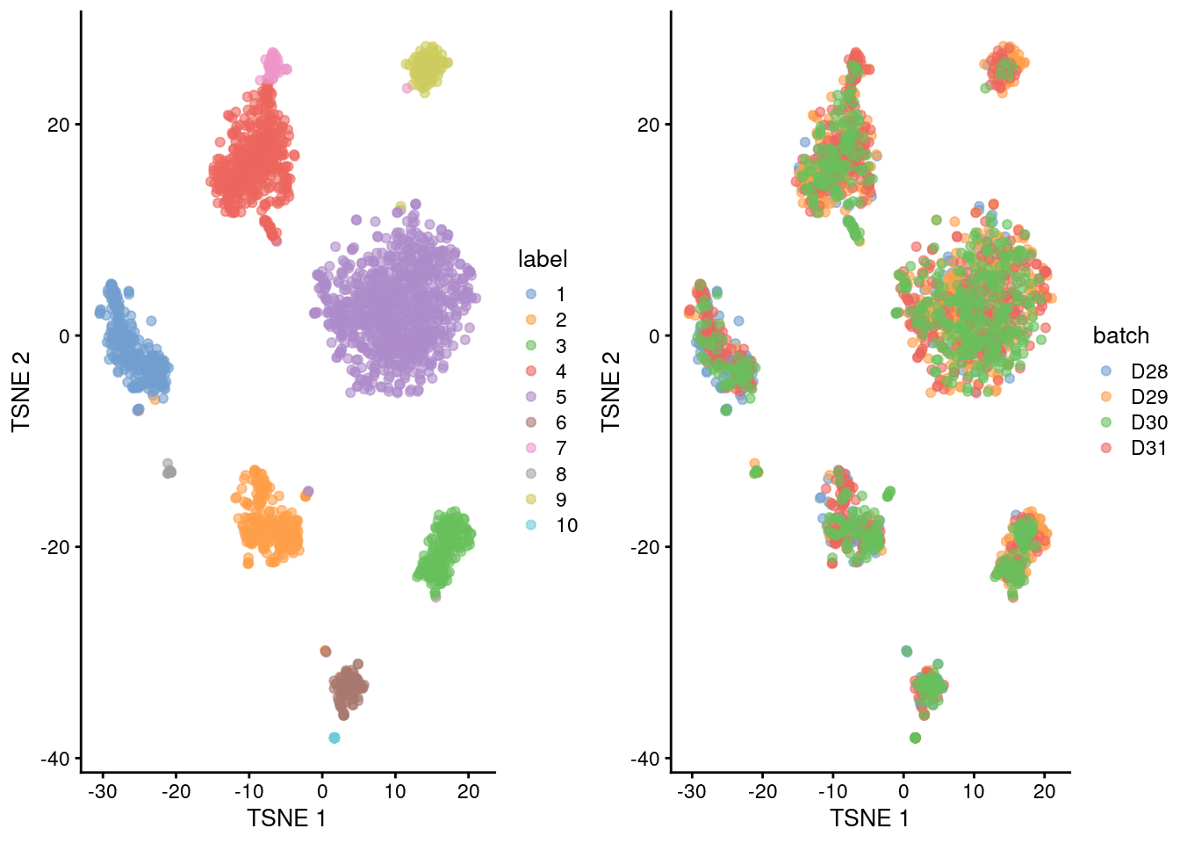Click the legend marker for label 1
[531, 294]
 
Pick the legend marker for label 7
[531, 448]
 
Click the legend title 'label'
[543, 259]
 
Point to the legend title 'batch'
[1120, 335]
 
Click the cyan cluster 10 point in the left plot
[335, 738]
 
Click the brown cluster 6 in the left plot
[349, 688]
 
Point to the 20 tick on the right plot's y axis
[648, 125]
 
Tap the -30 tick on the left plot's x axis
[103, 791]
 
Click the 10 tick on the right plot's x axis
[974, 791]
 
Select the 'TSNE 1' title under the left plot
[286, 818]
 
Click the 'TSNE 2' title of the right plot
[611, 391]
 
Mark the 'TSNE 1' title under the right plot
[869, 818]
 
